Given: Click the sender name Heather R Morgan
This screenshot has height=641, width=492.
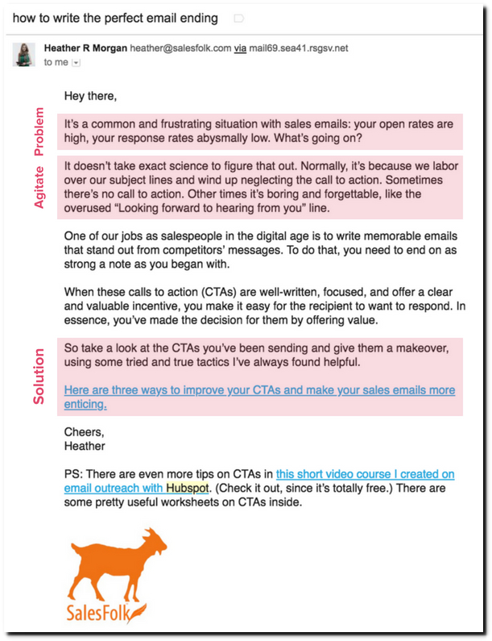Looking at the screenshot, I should [86, 48].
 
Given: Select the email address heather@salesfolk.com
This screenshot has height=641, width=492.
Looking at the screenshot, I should [180, 48].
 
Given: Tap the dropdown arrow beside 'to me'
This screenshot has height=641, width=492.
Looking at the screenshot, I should [76, 62].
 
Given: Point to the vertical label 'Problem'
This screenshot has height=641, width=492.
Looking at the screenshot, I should [39, 131].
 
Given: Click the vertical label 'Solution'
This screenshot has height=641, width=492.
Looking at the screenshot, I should [39, 377].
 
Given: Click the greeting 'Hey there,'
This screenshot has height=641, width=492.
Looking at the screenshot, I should [90, 97].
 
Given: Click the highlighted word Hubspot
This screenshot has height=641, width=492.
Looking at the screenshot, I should [188, 488].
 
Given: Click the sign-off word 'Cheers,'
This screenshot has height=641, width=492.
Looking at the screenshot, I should [85, 431].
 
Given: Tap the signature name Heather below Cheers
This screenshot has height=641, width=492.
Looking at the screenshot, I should [85, 445].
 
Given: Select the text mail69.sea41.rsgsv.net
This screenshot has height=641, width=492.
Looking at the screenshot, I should [299, 48].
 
